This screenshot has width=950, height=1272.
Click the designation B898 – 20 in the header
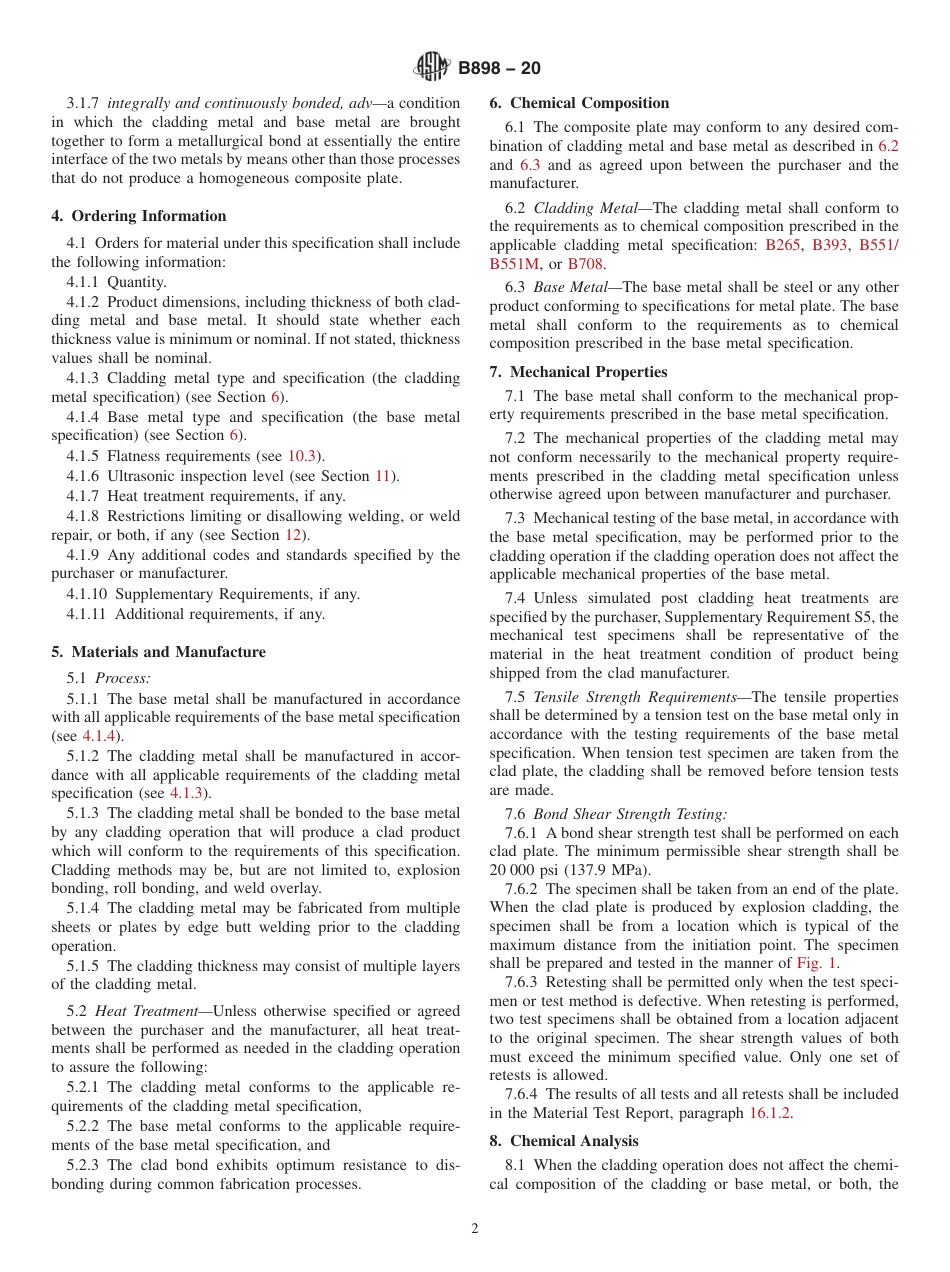coord(499,68)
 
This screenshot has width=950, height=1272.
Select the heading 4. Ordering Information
coord(139,216)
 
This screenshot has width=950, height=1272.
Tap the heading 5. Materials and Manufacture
coord(158,652)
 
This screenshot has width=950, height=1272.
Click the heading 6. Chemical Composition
coord(579,103)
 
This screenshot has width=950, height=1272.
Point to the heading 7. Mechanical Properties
coord(578,372)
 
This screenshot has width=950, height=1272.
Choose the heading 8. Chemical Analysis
coord(564,1141)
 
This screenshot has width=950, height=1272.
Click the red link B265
coord(782,245)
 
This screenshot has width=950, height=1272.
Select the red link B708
coord(585,264)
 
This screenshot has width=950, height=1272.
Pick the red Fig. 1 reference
coord(817,963)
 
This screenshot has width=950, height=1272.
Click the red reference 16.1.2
coord(770,1113)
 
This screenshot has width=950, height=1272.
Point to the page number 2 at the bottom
coord(475,1229)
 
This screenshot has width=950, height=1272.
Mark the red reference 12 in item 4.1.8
coord(293,535)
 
